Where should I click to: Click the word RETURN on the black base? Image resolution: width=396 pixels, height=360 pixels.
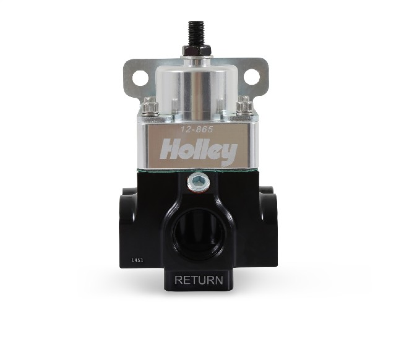click(x=199, y=280)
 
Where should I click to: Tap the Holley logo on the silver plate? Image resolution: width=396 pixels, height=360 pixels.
click(x=199, y=151)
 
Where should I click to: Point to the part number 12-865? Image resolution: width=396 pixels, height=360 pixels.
click(x=197, y=129)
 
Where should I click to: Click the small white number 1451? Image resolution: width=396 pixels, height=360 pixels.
click(x=137, y=260)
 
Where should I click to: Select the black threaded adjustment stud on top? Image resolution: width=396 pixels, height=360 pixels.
click(x=196, y=32)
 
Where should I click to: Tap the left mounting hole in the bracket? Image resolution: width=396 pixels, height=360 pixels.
click(x=140, y=77)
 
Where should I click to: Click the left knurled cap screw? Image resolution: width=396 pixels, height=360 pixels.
click(x=150, y=106)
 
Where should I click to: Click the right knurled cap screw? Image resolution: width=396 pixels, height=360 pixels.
click(x=244, y=105)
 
